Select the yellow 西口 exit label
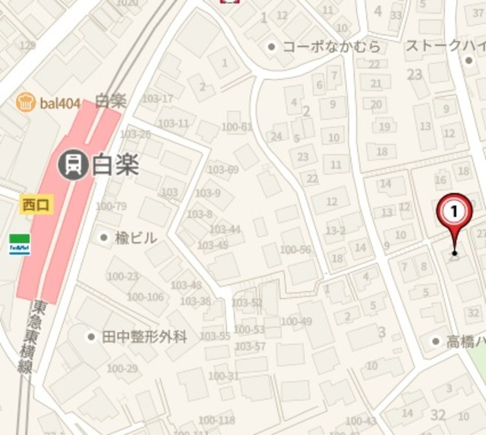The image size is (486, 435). click(x=35, y=204)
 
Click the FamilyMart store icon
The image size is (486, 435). click(x=19, y=244)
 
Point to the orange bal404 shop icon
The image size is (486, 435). click(x=26, y=101)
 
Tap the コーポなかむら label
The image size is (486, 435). click(x=331, y=47)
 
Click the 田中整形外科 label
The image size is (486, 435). click(x=144, y=336)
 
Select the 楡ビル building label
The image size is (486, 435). click(x=136, y=238)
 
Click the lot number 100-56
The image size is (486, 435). click(x=295, y=250)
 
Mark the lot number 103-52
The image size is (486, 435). click(x=246, y=303)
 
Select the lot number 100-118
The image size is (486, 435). click(x=216, y=421)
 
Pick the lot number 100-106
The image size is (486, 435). click(x=145, y=297)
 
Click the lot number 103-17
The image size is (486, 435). click(x=157, y=99)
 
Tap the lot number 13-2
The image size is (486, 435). click(x=336, y=230)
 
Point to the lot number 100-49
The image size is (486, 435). click(x=296, y=322)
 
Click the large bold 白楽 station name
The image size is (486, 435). click(x=115, y=165)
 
